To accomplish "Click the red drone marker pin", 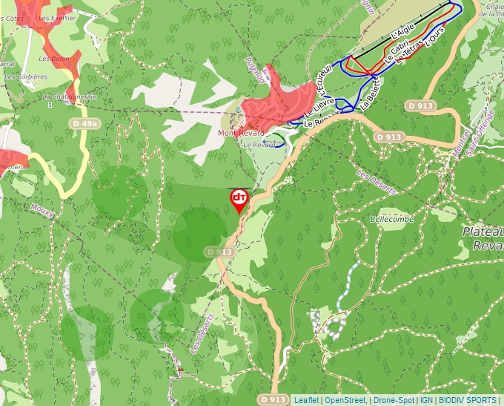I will pyautogui.click(x=239, y=200).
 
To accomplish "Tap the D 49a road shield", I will pyautogui.click(x=84, y=123).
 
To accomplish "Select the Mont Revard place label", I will pyautogui.click(x=241, y=133).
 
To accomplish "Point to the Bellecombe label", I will pyautogui.click(x=391, y=220).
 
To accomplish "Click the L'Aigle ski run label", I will pyautogui.click(x=400, y=31).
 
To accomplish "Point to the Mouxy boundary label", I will pyautogui.click(x=42, y=211).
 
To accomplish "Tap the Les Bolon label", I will pyautogui.click(x=53, y=58).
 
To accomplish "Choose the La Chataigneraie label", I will pyautogui.click(x=70, y=96).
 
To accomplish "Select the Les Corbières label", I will pyautogui.click(x=21, y=76).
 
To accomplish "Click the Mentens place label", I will pyautogui.click(x=13, y=167).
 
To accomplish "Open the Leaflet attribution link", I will pyautogui.click(x=305, y=400).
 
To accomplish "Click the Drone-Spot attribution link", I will pyautogui.click(x=393, y=400).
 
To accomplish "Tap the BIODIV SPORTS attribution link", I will pyautogui.click(x=467, y=400).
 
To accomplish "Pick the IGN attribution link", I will pyautogui.click(x=426, y=400).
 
